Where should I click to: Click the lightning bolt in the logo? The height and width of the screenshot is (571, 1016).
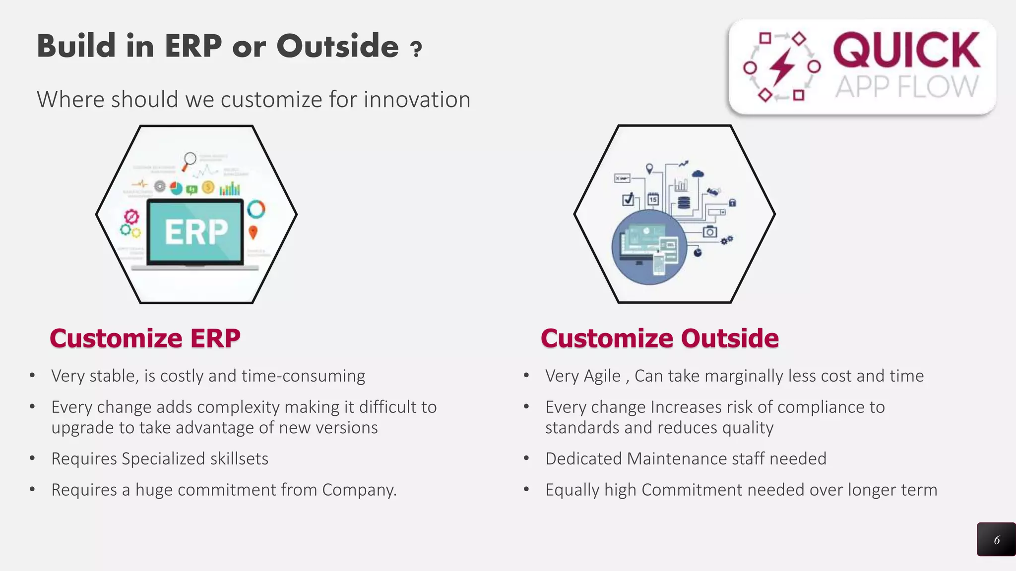(x=782, y=66)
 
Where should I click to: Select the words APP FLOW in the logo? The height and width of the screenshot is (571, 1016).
(x=906, y=87)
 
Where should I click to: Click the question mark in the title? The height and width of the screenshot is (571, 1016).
(x=416, y=49)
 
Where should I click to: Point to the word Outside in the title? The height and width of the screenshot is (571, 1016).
(x=337, y=46)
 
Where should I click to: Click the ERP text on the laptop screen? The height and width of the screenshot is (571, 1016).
(x=196, y=231)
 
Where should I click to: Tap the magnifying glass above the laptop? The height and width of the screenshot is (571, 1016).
(x=190, y=160)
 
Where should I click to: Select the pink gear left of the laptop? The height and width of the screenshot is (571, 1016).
(x=131, y=217)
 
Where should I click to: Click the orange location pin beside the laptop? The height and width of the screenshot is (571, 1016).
(x=253, y=231)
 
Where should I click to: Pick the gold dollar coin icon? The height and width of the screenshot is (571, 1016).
(x=208, y=187)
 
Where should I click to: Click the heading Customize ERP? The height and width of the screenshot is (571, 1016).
(x=145, y=339)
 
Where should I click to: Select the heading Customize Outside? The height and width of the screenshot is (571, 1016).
(x=659, y=339)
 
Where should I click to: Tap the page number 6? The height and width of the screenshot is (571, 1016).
(x=996, y=540)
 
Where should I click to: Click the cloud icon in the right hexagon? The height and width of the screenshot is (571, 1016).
(x=698, y=173)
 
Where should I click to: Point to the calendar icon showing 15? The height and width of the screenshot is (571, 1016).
(x=653, y=199)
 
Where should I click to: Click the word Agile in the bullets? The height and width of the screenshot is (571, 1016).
(x=602, y=376)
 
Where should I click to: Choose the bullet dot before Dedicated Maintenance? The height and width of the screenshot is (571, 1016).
(x=526, y=458)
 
